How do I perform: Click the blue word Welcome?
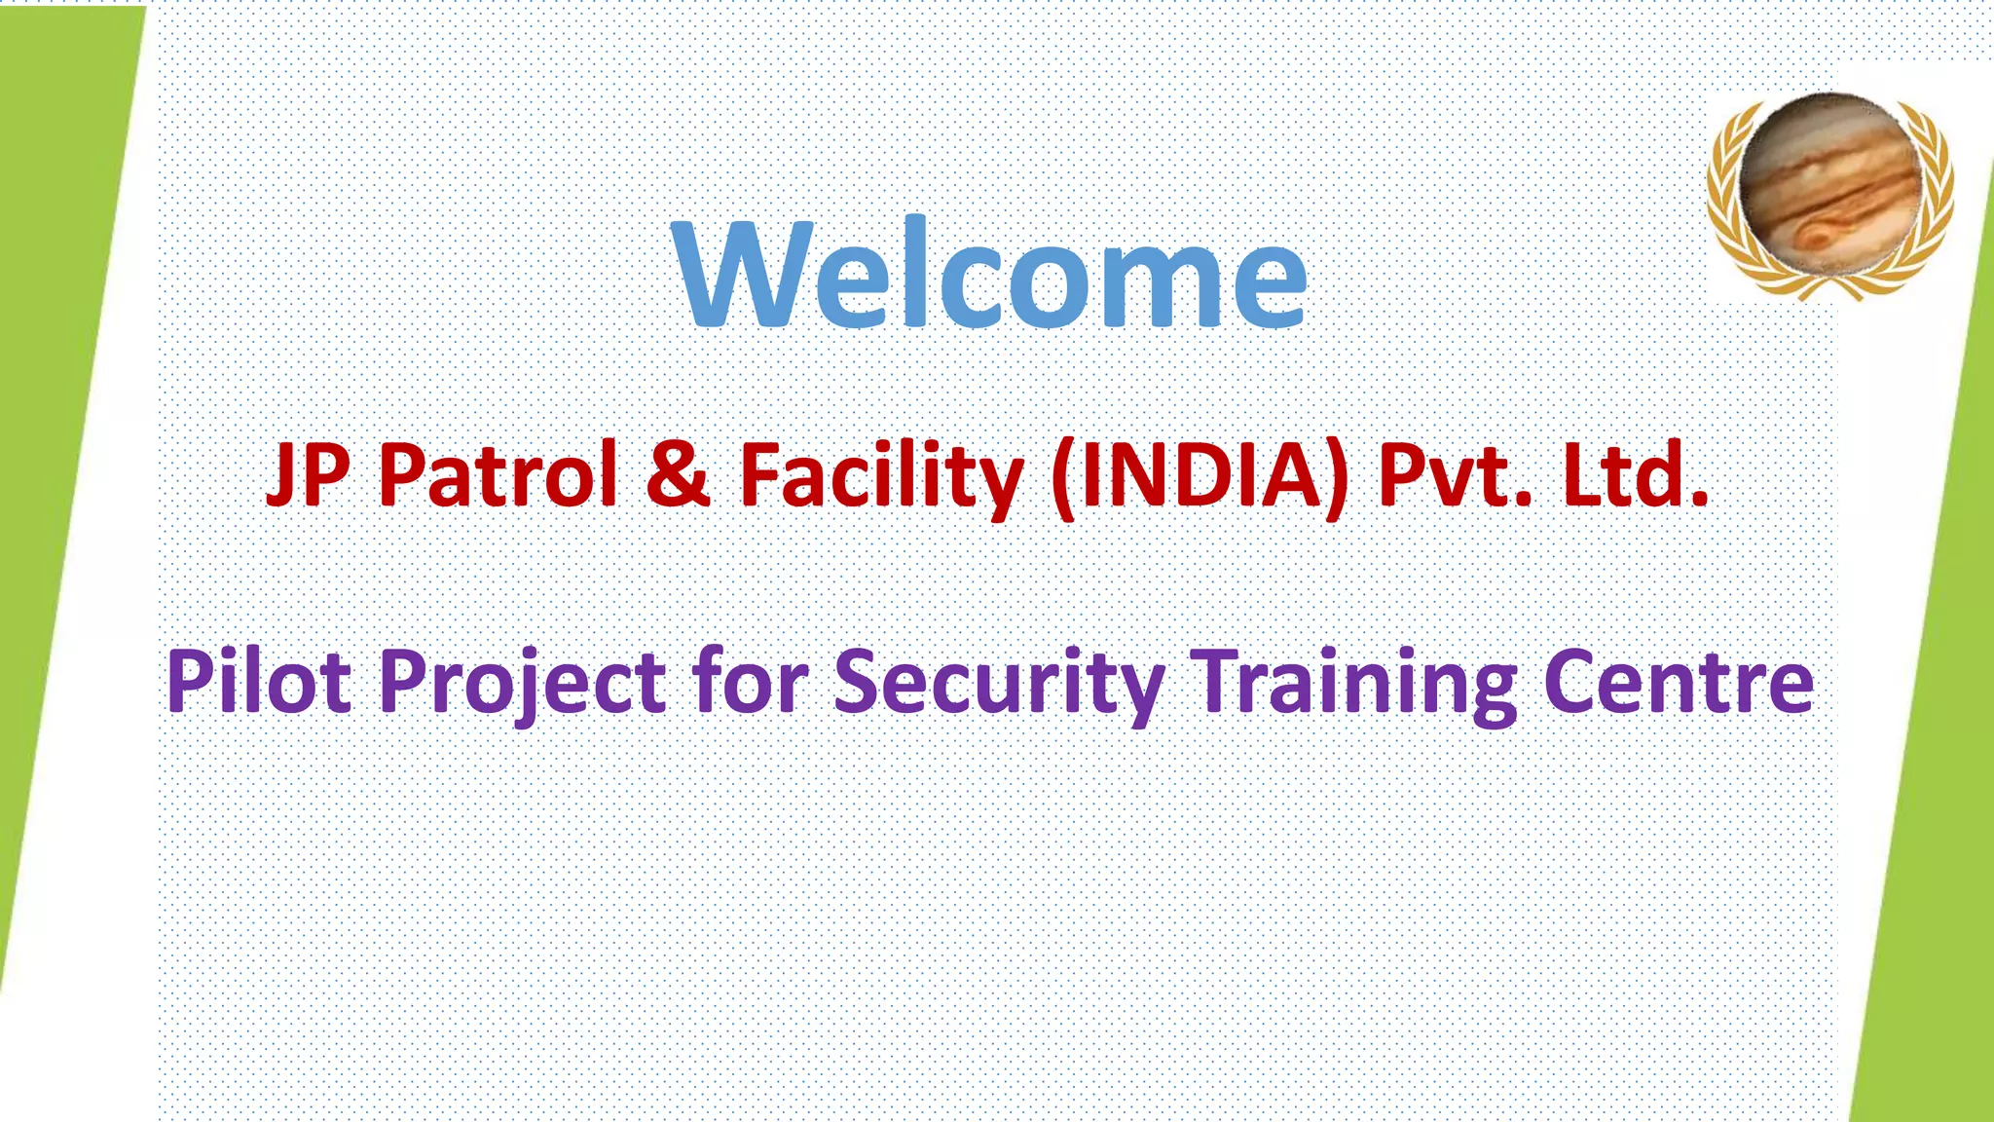(x=989, y=275)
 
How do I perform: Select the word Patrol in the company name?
(x=498, y=474)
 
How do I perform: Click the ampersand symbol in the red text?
(x=678, y=474)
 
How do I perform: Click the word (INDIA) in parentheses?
(x=1200, y=476)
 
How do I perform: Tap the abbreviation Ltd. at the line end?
(x=1636, y=474)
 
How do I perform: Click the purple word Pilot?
(x=259, y=682)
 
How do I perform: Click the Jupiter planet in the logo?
(x=1830, y=185)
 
